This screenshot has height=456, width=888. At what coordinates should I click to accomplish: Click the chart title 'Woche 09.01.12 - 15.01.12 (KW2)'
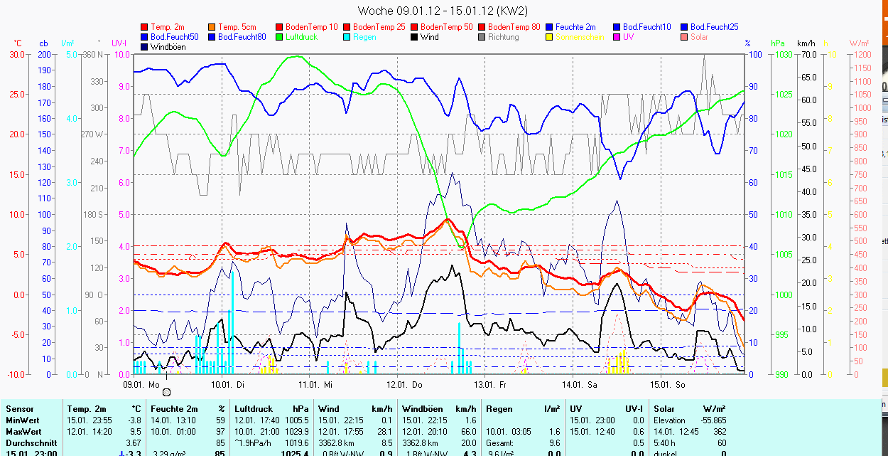(x=443, y=11)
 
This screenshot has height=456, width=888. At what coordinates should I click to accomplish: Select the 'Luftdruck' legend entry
(x=301, y=37)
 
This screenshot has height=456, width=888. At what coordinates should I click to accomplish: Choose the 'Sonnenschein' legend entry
(x=580, y=37)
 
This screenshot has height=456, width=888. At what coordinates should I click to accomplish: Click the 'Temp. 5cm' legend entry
(x=237, y=27)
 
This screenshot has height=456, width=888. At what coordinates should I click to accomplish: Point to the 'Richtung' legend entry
(x=503, y=37)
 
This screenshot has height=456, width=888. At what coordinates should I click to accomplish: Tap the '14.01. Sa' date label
(x=580, y=384)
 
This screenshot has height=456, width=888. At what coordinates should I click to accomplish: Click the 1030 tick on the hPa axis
(x=783, y=55)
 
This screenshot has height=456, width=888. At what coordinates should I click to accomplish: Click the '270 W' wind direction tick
(x=93, y=134)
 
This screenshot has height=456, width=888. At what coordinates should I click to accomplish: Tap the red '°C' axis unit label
(x=18, y=43)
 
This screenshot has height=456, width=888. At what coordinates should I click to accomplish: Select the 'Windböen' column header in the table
(x=423, y=409)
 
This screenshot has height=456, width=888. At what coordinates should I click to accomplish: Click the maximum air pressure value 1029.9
(x=296, y=432)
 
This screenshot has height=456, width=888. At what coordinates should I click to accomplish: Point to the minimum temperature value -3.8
(x=134, y=420)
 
